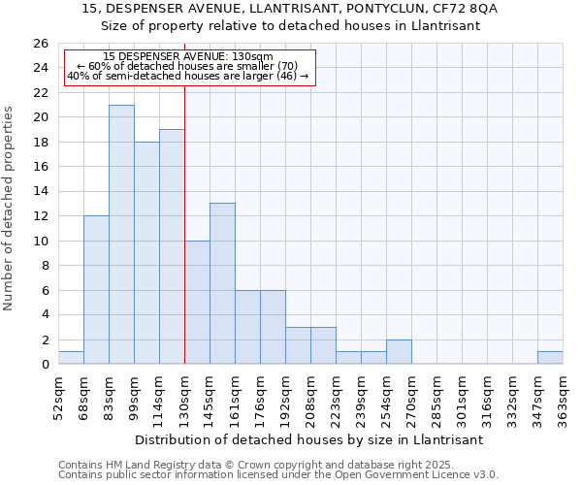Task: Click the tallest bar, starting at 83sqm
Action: point(121,235)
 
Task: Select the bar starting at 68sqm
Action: point(96,290)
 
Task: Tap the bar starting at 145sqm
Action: point(222,284)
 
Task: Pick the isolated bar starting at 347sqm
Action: point(550,358)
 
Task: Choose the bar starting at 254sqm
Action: point(399,352)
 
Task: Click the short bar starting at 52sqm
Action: point(71,358)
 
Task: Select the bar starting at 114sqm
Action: point(172,247)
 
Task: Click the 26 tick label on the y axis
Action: point(40,44)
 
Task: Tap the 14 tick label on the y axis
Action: point(40,192)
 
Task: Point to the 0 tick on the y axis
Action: point(44,365)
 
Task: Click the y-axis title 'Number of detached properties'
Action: point(10,210)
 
